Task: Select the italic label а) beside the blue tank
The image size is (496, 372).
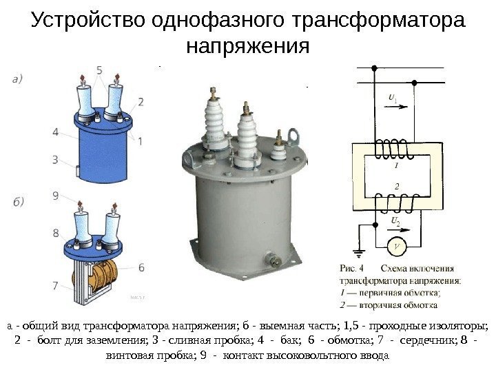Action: coord(22,79)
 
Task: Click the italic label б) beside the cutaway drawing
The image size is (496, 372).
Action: coord(22,202)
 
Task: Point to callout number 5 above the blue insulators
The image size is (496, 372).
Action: coord(101,70)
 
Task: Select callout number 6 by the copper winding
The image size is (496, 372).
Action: coord(141,266)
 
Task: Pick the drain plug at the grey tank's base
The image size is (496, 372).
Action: coord(269,260)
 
